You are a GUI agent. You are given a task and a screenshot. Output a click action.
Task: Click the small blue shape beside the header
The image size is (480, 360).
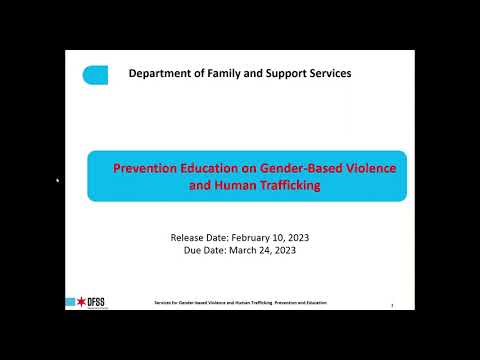pos(95,74)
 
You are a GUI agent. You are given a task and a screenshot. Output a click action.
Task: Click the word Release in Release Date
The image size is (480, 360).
pos(188,237)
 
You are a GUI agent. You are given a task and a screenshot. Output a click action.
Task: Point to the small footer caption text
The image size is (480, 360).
pos(240,302)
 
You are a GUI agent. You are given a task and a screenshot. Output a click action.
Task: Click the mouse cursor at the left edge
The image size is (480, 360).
pos(57,180)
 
